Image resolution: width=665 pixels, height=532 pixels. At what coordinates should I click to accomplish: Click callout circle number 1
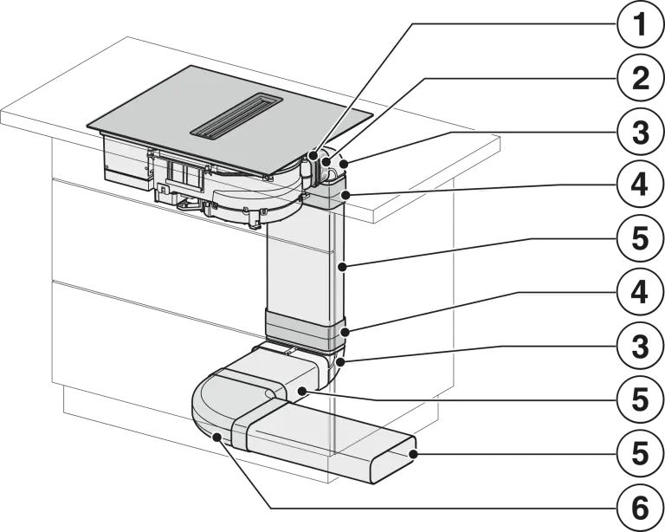point(640,24)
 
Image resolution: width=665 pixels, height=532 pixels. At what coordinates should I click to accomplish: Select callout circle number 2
point(640,79)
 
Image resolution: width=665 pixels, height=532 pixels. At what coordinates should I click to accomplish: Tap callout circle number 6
point(640,508)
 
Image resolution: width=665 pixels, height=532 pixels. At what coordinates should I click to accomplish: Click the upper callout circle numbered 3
point(640,133)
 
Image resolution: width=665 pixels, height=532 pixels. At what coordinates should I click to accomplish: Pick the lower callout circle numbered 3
point(640,347)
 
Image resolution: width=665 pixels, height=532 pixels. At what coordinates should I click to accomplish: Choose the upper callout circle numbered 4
point(640,185)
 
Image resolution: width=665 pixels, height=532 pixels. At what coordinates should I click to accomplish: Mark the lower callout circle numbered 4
point(640,292)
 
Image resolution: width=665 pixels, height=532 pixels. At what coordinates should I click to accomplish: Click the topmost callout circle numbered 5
point(640,238)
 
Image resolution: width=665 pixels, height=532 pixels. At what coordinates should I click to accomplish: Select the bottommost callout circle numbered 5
point(640,453)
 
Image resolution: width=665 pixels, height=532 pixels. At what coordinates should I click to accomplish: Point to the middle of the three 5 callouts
point(640,400)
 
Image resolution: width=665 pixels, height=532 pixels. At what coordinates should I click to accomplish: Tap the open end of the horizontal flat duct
point(394,461)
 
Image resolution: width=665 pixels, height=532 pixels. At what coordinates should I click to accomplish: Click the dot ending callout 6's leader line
point(216,436)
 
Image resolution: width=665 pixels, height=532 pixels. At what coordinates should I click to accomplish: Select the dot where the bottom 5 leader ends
point(413,455)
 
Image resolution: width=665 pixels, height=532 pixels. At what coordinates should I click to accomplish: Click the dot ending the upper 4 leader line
point(347,195)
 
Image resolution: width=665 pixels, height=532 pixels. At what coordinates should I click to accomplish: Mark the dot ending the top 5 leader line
point(343,266)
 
